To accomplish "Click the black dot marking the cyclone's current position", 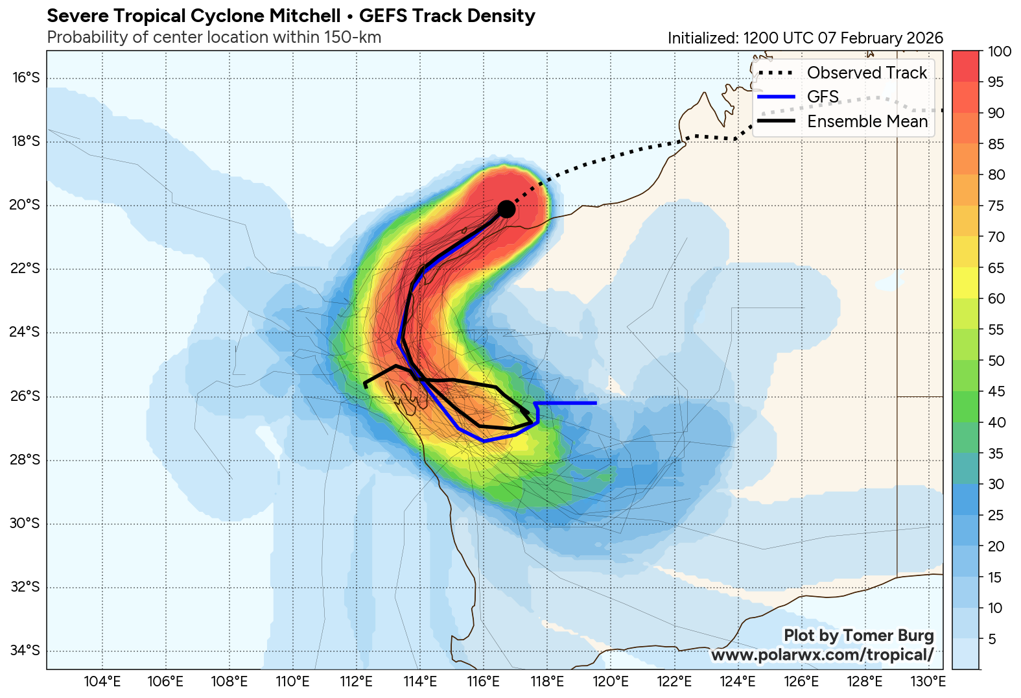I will point(506,209).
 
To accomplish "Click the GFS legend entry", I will point(823,97).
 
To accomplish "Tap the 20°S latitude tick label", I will point(26,205).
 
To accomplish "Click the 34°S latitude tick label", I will point(26,651).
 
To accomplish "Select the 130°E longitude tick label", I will point(928,682).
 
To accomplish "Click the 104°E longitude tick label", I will point(102,682).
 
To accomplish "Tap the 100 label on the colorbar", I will point(1000,52).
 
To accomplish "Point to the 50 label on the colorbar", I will point(996,361).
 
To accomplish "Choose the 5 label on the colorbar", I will point(991,640).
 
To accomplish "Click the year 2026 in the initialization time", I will point(924,38).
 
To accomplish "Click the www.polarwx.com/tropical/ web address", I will point(822,655).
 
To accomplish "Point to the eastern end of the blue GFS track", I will point(595,403).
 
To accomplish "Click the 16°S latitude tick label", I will point(26,78).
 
